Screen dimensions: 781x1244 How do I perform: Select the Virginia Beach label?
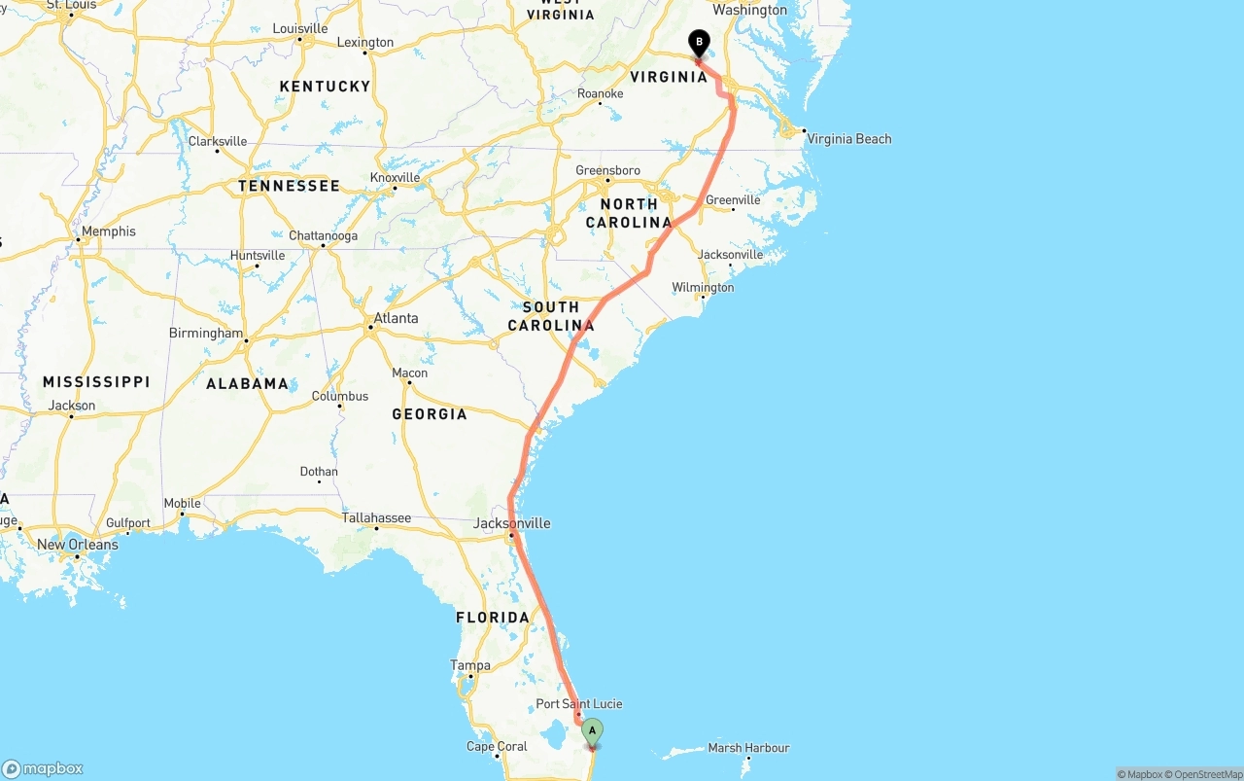tap(848, 139)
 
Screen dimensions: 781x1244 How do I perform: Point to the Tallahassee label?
tap(376, 518)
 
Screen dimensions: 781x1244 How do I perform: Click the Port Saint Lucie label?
tap(579, 704)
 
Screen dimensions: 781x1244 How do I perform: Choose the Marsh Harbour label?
tap(748, 748)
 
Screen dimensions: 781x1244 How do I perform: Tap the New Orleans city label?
tap(77, 545)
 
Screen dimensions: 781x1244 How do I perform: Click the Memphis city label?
tap(109, 231)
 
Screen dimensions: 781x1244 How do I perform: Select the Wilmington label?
tap(703, 288)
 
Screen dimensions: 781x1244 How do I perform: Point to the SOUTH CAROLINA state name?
tap(551, 316)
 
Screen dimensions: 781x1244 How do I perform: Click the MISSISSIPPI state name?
tap(96, 382)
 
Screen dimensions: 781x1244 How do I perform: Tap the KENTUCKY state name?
tap(325, 87)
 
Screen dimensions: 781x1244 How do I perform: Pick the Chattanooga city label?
tap(323, 236)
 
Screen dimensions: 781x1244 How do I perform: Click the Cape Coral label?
tap(497, 748)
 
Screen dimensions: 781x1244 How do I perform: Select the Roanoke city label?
tap(600, 94)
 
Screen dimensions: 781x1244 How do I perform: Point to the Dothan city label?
tap(319, 472)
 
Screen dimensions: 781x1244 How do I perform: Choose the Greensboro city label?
tap(607, 171)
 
